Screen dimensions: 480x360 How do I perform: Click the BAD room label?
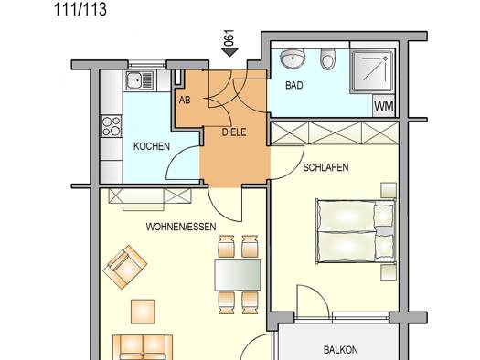(x=294, y=85)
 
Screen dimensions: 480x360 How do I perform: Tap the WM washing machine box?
(x=384, y=106)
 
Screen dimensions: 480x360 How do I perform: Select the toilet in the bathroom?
(x=327, y=58)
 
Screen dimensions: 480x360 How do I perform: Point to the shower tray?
(x=372, y=72)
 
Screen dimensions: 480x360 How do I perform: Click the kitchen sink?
(x=140, y=79)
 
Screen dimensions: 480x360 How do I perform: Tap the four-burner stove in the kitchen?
(x=112, y=126)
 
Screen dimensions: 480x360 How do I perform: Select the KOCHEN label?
(x=152, y=146)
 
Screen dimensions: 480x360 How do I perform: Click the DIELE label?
(x=234, y=132)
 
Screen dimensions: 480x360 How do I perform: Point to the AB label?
(x=185, y=100)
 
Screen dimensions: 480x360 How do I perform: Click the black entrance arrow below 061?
(x=229, y=52)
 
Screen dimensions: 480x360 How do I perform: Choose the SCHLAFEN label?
(x=325, y=167)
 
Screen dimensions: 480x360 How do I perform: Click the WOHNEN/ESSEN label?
(x=181, y=227)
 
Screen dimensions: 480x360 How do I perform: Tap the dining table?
(x=238, y=275)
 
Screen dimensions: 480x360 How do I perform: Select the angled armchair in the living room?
(x=125, y=267)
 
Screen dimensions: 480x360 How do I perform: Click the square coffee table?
(x=143, y=312)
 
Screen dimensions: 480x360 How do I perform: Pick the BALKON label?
(x=341, y=350)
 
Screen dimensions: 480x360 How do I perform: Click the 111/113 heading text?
(x=80, y=9)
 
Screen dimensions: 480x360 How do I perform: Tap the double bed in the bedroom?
(x=356, y=231)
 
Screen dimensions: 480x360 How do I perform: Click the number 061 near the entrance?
(x=229, y=37)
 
